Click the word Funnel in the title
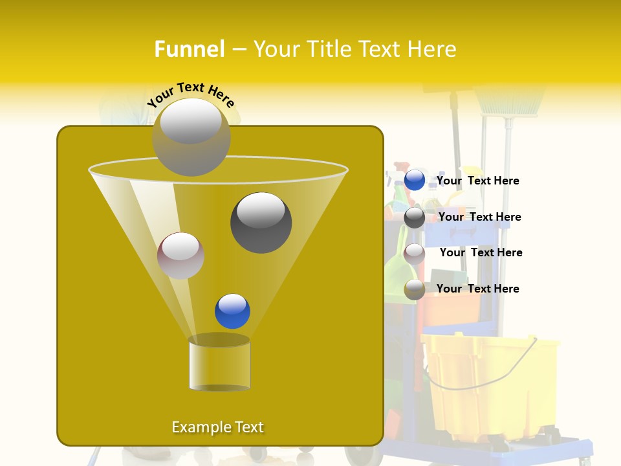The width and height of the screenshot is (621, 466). pyautogui.click(x=189, y=49)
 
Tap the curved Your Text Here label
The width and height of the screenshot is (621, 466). pyautogui.click(x=191, y=94)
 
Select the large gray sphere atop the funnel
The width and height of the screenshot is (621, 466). pyautogui.click(x=191, y=137)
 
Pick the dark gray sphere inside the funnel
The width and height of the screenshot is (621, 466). pyautogui.click(x=261, y=223)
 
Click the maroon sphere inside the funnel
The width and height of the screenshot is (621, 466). pyautogui.click(x=180, y=256)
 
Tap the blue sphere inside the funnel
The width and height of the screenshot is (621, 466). pyautogui.click(x=232, y=311)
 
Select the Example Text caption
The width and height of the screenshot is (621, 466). pyautogui.click(x=217, y=427)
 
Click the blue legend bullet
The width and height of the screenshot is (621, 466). pyautogui.click(x=415, y=181)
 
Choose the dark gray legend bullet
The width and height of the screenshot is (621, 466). pyautogui.click(x=415, y=217)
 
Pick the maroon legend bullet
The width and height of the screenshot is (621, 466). pyautogui.click(x=415, y=253)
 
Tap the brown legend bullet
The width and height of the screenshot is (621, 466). pyautogui.click(x=415, y=289)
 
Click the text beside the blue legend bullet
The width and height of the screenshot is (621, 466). pyautogui.click(x=477, y=181)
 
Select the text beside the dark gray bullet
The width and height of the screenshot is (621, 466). pyautogui.click(x=479, y=217)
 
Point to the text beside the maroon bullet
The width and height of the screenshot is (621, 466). pyautogui.click(x=481, y=253)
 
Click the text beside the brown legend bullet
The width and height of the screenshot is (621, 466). pyautogui.click(x=477, y=289)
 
